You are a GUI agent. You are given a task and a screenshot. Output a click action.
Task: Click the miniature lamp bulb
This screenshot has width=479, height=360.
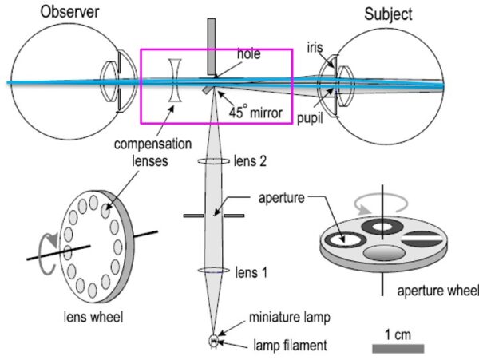(214, 340)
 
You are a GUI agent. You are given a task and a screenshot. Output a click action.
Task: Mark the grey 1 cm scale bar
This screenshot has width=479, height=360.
(398, 348)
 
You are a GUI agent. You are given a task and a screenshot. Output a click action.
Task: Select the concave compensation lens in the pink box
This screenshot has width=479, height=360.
(176, 80)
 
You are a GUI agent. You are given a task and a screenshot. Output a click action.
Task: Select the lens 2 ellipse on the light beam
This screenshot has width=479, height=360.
(214, 161)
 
